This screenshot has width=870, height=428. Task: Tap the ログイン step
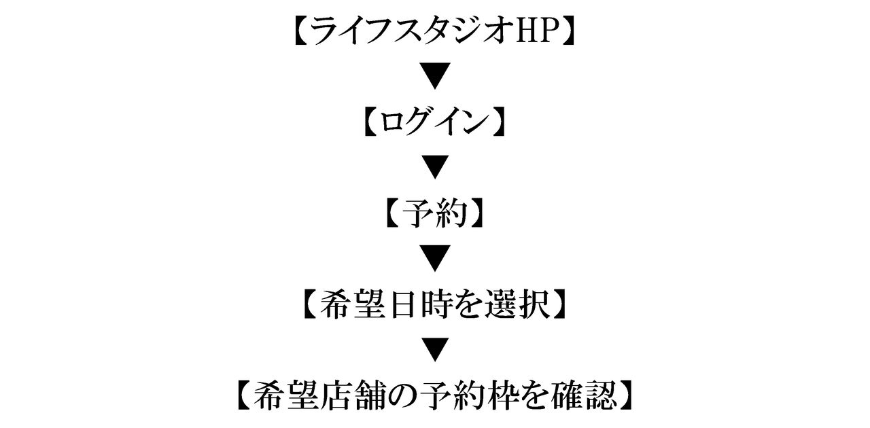point(434,122)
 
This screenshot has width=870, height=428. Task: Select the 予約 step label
point(434,213)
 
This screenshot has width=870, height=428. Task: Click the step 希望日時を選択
point(434,304)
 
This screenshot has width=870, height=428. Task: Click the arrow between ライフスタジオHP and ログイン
point(435,75)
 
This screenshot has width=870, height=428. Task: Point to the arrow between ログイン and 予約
point(435,167)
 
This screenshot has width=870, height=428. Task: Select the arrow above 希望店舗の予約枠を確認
point(435,349)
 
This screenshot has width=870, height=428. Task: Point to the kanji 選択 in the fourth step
point(519,304)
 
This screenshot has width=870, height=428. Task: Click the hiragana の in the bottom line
point(405,396)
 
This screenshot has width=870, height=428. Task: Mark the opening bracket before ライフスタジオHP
point(302,31)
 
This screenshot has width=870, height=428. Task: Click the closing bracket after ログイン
point(498,122)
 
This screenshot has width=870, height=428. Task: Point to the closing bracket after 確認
point(626,395)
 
